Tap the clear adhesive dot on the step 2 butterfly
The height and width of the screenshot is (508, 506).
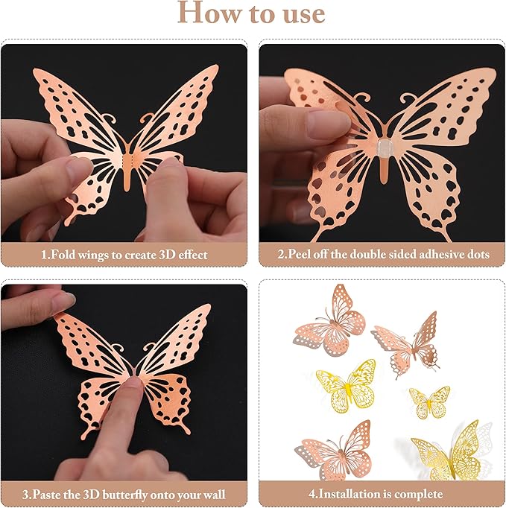(383, 147)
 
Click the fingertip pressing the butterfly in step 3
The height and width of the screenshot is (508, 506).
(133, 387)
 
